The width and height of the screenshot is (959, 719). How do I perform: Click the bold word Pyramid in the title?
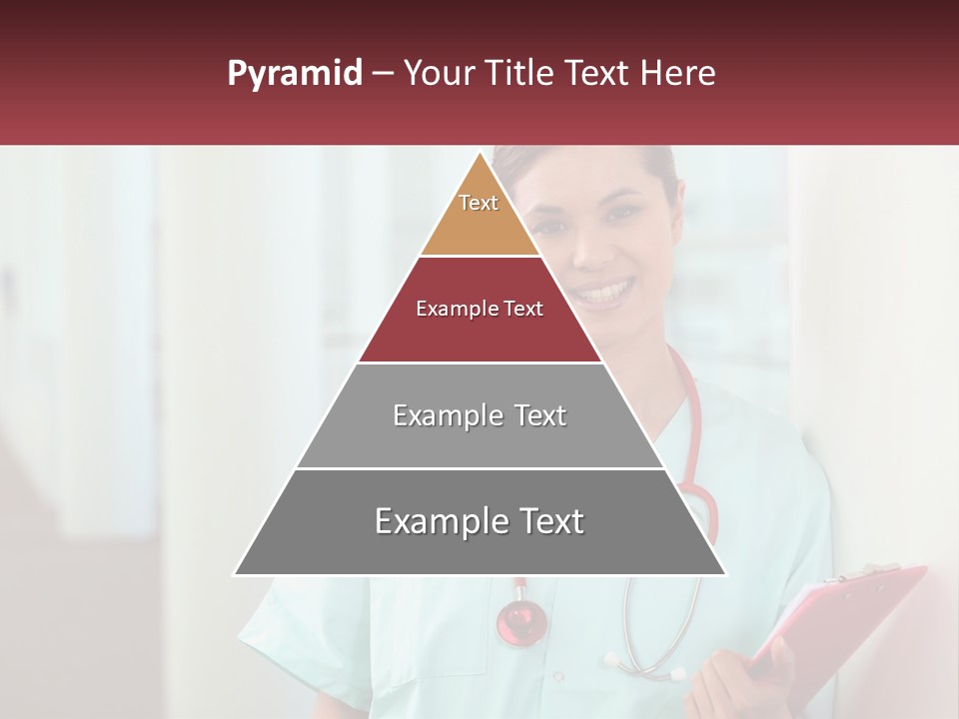(294, 74)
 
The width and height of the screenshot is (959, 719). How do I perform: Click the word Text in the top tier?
(479, 203)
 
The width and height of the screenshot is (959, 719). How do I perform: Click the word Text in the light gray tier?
(534, 415)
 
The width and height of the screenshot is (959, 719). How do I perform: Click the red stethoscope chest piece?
(521, 621)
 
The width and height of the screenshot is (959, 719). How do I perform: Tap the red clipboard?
(849, 619)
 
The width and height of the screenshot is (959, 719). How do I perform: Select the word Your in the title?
(436, 74)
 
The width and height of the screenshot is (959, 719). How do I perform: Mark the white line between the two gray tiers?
(479, 468)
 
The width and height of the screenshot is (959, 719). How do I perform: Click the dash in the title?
(382, 74)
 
